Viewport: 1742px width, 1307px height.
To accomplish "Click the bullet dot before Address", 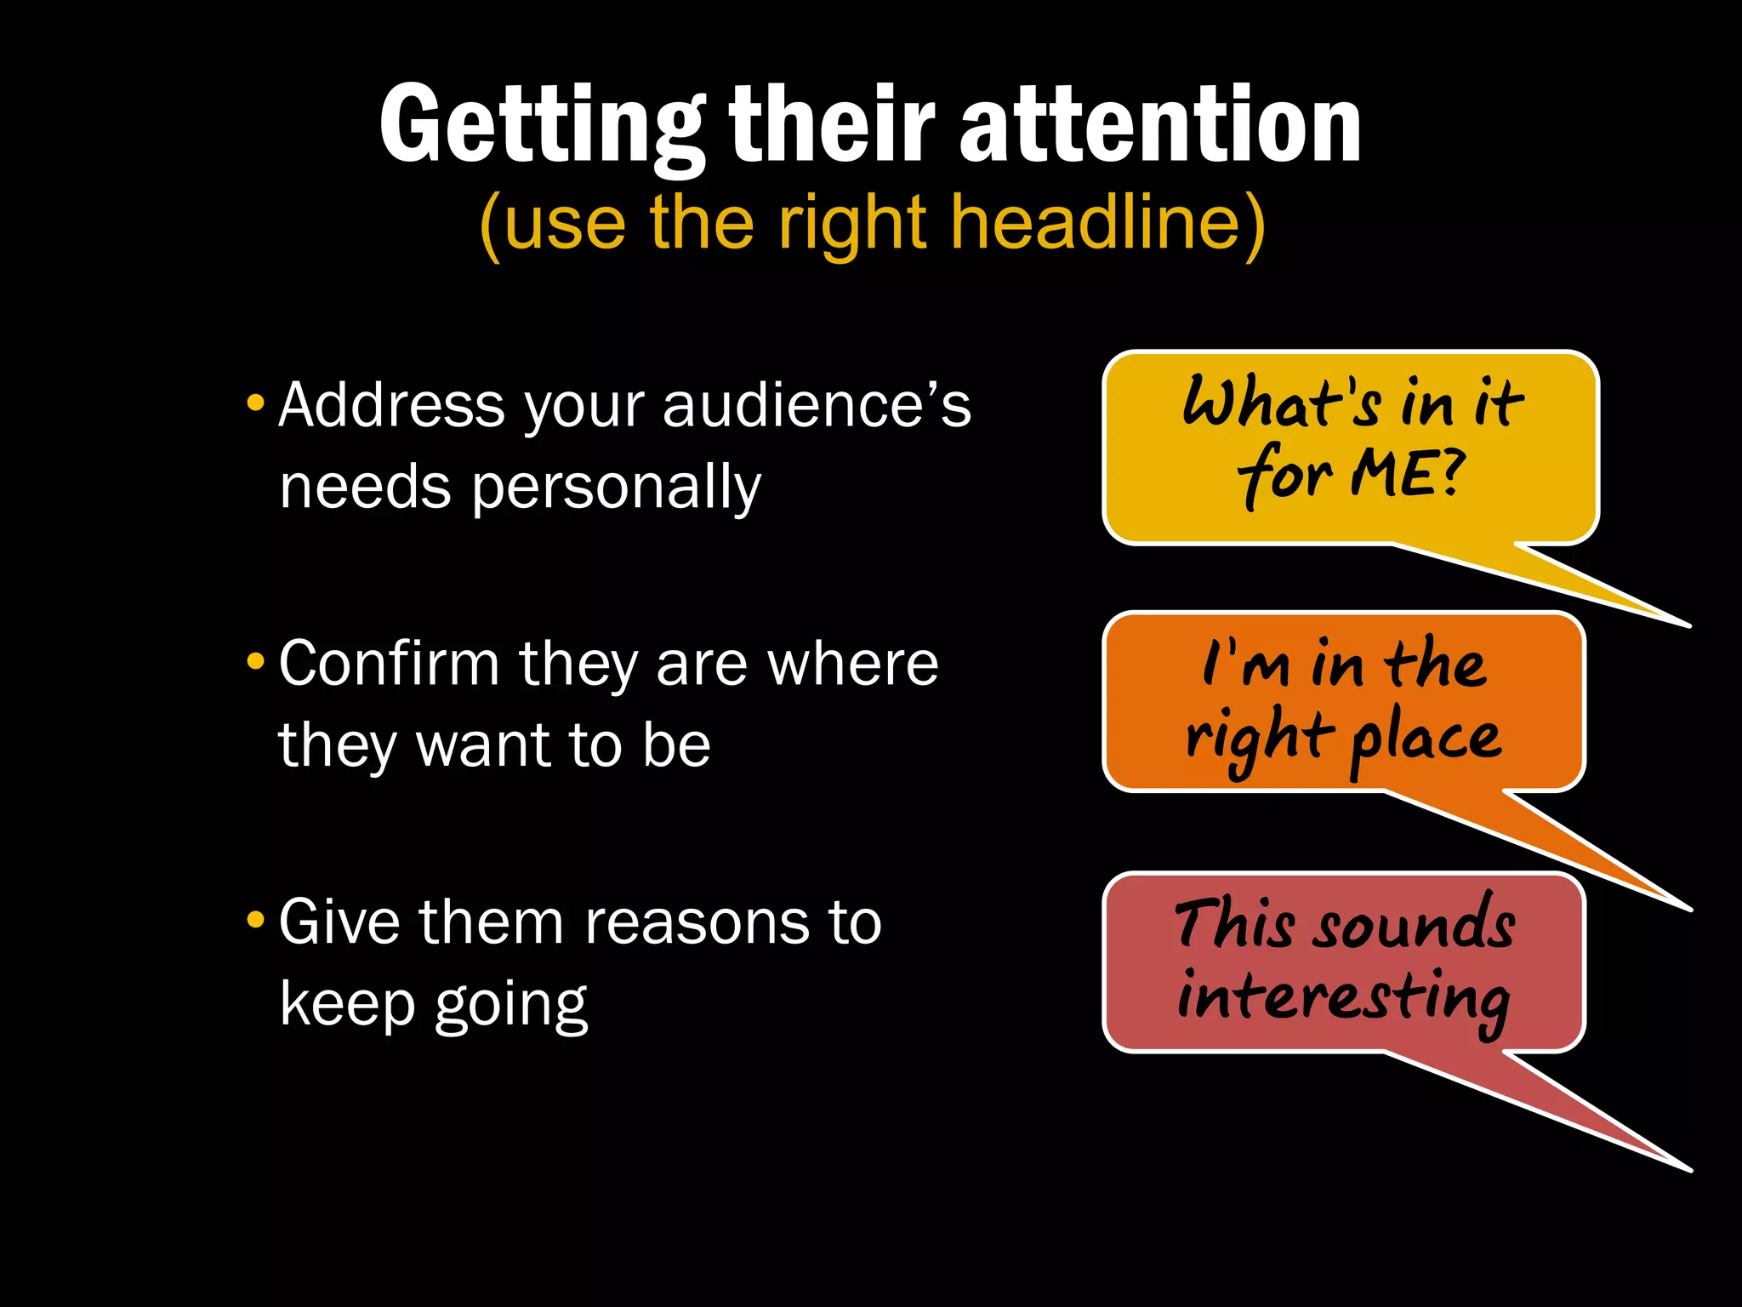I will point(255,402).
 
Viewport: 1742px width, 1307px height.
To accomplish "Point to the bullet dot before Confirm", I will point(255,661).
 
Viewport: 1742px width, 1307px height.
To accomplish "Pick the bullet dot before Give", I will point(255,920).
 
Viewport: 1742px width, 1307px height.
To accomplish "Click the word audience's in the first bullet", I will point(817,405).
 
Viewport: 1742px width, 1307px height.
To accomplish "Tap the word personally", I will point(616,488).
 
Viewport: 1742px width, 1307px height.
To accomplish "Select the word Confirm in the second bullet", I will point(389,664).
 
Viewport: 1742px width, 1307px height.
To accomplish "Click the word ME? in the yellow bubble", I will point(1408,473).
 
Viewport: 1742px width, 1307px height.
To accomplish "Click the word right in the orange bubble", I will point(1259,737).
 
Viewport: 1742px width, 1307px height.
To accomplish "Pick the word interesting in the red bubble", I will point(1344,997).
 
